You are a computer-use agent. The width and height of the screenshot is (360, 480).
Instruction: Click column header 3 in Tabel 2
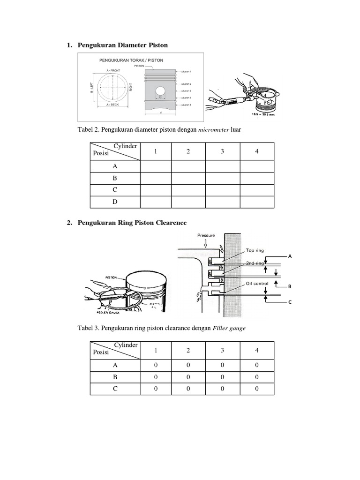tap(223, 152)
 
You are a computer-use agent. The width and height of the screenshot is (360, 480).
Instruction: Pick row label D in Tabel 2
tap(115, 202)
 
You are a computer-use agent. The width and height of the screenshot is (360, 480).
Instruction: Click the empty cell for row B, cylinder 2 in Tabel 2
tap(188, 179)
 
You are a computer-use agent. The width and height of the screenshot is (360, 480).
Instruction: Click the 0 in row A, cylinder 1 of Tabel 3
tap(156, 365)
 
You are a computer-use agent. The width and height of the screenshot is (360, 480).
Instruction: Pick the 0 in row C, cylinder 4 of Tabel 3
tap(257, 389)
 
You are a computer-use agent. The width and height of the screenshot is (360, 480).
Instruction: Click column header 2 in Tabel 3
tap(188, 351)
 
